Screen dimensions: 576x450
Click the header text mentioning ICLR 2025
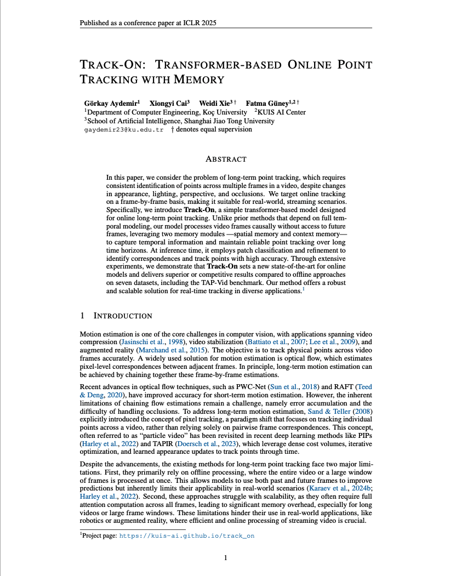point(151,24)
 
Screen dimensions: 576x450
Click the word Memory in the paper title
point(199,79)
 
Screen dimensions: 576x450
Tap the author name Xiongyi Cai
point(170,102)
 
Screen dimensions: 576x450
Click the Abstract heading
point(225,159)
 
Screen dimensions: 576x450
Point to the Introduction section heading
point(123,316)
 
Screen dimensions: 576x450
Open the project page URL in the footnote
point(187,536)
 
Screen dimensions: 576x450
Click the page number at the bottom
point(225,558)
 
